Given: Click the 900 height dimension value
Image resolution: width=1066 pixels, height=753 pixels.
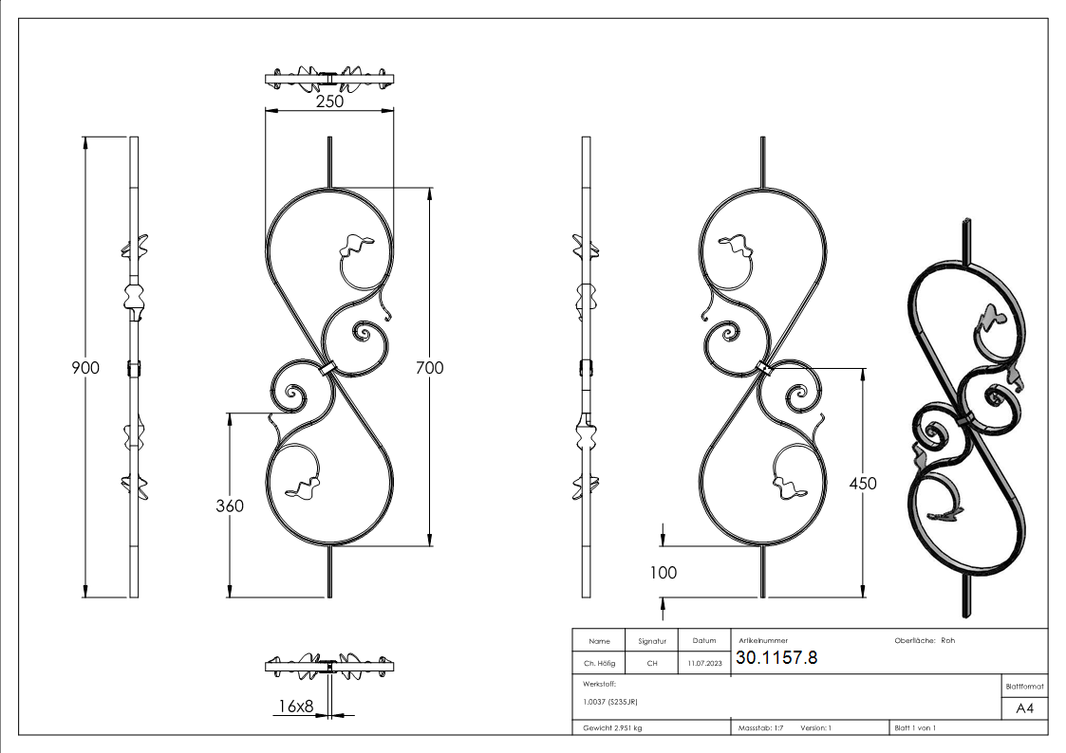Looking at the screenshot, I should [x=85, y=367].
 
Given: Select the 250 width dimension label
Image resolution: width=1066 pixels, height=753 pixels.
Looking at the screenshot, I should [x=328, y=101].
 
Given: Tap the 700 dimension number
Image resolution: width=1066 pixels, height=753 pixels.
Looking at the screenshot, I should [x=430, y=367].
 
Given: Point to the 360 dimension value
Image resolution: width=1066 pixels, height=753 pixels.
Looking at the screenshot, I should [x=228, y=505].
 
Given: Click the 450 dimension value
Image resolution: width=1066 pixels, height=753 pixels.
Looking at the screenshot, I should [x=862, y=483].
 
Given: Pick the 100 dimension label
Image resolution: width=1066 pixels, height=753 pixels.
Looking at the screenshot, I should [x=663, y=572].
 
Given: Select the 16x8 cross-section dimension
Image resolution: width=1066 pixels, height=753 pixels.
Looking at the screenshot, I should [x=295, y=706].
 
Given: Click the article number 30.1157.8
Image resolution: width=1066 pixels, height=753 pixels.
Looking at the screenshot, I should [x=776, y=658].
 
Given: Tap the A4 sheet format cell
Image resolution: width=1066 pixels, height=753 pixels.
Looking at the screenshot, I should [x=1024, y=708].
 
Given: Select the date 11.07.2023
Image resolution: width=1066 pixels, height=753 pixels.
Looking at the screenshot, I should [x=704, y=664].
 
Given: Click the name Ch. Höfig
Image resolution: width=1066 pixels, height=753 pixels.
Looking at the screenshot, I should [x=600, y=664].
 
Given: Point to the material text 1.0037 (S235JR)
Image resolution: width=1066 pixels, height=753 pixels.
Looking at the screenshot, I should [x=610, y=702].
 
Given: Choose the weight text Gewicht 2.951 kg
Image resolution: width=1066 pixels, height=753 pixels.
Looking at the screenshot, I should [x=612, y=727].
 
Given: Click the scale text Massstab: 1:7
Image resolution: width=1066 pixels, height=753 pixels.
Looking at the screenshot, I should [x=760, y=727].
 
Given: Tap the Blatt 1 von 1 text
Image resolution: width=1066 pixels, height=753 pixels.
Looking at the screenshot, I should [x=915, y=727].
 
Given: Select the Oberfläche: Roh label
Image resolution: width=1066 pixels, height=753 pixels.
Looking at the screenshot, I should [x=924, y=640].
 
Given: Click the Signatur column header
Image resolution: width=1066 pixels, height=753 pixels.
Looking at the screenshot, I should [x=652, y=641].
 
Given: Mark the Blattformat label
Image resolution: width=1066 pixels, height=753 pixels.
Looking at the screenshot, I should [x=1024, y=686].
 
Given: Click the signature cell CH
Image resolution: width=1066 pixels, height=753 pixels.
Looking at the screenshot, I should [x=652, y=664].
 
